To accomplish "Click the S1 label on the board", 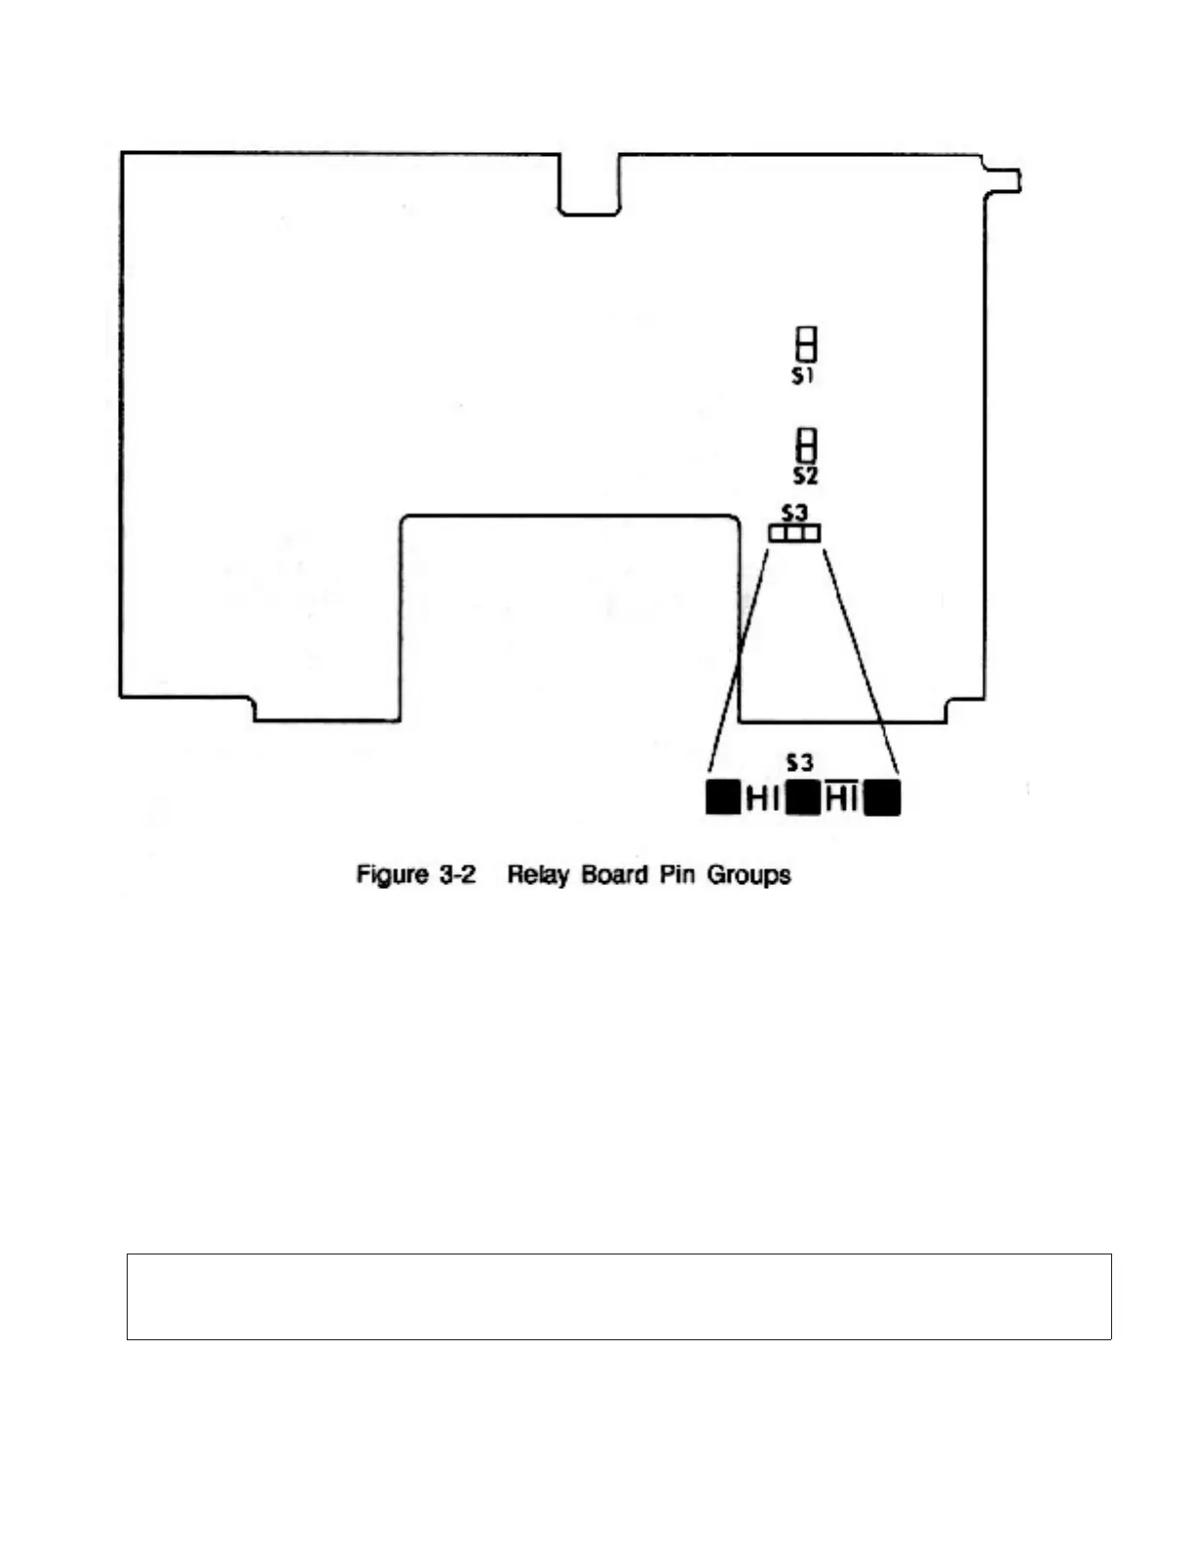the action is (802, 376).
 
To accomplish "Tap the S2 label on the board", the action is (805, 476).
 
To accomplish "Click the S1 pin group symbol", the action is (806, 343).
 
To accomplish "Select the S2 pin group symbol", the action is (806, 444).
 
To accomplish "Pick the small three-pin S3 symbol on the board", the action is (794, 533).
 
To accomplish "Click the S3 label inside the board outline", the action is (795, 512).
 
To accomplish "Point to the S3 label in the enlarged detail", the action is (799, 762).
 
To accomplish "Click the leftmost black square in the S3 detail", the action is (722, 797).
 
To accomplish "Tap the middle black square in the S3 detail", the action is (801, 798).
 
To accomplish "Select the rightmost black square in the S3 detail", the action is (883, 798).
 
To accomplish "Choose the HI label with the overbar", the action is (841, 799).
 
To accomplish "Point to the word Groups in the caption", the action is (749, 874).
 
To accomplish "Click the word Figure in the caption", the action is (392, 874).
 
